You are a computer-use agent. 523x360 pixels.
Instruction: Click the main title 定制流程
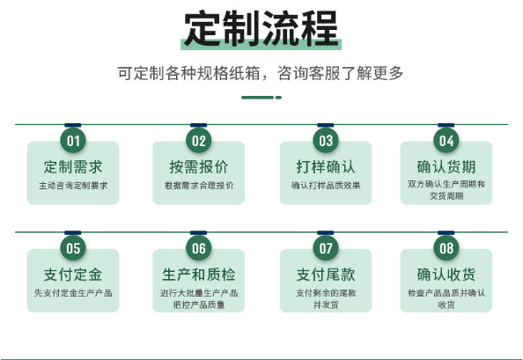(x=261, y=29)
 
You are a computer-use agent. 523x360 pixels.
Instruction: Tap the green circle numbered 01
(x=73, y=141)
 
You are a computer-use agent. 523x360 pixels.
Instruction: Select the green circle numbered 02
(x=199, y=141)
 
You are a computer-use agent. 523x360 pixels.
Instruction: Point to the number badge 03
(x=326, y=141)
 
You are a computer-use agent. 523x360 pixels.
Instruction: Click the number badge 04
(x=446, y=141)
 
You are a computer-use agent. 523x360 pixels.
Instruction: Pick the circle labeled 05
(x=73, y=248)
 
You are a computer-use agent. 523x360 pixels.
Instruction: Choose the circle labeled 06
(x=199, y=248)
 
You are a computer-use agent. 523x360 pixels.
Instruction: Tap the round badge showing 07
(x=326, y=248)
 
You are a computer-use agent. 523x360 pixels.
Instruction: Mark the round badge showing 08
(x=446, y=248)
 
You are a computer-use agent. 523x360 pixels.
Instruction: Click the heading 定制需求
(x=73, y=167)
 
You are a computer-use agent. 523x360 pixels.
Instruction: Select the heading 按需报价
(x=199, y=167)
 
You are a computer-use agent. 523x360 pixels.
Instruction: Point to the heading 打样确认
(x=326, y=167)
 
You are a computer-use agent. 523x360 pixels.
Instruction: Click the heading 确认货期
(x=446, y=167)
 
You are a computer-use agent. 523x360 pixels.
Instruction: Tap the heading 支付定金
(x=73, y=275)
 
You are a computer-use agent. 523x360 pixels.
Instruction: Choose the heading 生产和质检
(x=199, y=275)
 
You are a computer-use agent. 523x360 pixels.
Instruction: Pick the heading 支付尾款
(x=326, y=275)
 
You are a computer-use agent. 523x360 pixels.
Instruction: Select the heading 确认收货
(x=446, y=275)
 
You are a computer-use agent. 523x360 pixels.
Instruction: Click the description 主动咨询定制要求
(x=73, y=186)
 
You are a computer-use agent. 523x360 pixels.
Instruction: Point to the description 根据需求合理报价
(x=199, y=186)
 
